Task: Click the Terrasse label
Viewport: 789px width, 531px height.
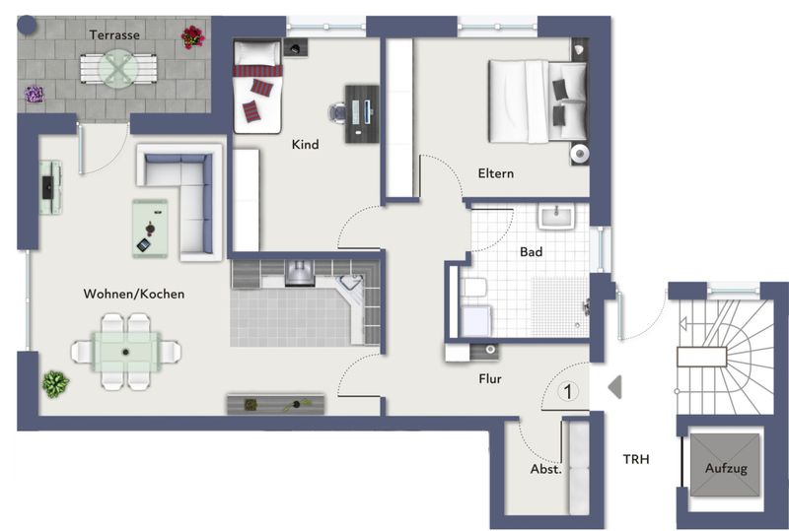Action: click(114, 34)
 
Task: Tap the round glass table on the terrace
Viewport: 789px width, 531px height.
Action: click(118, 69)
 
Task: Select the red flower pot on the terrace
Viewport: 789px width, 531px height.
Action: click(192, 37)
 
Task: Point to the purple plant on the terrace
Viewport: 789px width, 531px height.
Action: click(35, 94)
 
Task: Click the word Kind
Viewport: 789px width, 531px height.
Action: click(305, 144)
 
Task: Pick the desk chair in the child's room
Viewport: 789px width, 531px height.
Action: click(337, 111)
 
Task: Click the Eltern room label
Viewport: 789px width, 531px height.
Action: click(496, 173)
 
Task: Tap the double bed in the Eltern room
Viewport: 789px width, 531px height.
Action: click(538, 101)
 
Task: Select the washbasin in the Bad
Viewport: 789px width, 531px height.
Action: click(556, 217)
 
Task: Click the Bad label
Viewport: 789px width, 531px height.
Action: click(531, 251)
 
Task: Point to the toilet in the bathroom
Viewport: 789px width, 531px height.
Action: click(473, 289)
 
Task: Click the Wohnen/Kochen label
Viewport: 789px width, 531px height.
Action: click(134, 294)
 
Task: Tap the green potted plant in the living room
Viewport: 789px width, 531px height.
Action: click(55, 384)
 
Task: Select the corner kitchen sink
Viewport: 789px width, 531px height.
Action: click(351, 284)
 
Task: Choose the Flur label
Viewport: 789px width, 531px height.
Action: click(490, 378)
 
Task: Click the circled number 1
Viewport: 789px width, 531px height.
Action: click(568, 391)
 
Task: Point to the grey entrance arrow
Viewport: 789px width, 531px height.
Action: click(614, 387)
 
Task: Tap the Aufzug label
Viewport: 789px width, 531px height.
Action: click(726, 468)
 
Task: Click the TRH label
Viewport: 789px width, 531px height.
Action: click(636, 459)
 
